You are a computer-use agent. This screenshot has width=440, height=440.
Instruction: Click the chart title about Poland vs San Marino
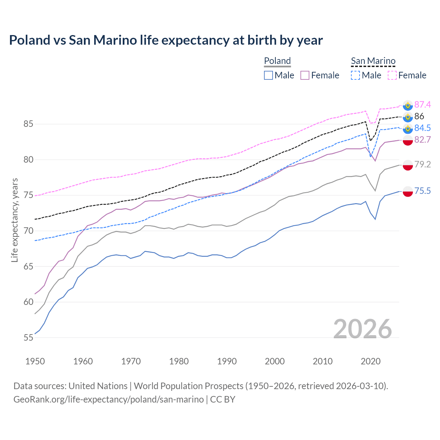166,40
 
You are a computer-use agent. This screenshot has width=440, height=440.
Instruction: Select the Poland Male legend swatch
268,75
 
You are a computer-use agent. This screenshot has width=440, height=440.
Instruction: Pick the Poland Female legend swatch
305,75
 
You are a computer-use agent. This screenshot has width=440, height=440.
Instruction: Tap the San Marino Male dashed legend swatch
355,75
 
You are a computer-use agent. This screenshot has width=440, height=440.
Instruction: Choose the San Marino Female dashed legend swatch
392,75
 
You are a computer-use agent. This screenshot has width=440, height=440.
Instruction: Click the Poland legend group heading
277,61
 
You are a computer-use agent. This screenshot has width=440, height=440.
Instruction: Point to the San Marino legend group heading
373,61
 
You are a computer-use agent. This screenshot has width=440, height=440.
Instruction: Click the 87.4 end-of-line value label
422,104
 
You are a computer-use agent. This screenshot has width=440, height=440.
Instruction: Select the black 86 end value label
419,116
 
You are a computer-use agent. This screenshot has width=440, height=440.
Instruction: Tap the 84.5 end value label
422,128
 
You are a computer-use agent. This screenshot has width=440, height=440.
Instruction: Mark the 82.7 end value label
422,140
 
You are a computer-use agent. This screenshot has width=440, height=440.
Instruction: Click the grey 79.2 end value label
422,164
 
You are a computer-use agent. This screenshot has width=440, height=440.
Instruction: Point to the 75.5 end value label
422,191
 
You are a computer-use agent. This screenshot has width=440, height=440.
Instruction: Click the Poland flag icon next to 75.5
408,191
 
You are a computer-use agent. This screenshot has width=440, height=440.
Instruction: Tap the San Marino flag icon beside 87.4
408,105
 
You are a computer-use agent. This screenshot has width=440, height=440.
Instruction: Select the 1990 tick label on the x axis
227,361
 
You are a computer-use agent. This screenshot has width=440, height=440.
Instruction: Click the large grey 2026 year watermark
363,329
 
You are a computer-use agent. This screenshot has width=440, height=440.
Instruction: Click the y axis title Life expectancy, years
14,220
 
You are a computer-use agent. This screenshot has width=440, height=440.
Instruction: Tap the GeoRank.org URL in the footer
108,399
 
